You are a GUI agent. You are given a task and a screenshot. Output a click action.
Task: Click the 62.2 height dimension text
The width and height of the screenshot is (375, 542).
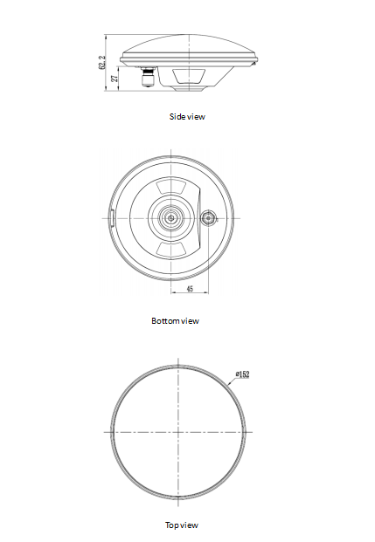[102, 63]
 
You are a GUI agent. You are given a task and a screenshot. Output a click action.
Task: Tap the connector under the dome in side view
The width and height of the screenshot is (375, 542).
[149, 79]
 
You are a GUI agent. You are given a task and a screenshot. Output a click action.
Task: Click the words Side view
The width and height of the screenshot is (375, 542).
[187, 116]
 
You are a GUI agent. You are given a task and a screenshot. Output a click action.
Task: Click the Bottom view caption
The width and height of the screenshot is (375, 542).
[175, 321]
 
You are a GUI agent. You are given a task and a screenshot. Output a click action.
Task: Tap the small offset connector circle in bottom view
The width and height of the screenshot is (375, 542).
[209, 217]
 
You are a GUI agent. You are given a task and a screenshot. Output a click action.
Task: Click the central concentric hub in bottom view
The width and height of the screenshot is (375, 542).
[171, 217]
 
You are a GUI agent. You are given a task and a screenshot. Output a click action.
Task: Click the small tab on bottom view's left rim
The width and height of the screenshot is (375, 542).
[112, 217]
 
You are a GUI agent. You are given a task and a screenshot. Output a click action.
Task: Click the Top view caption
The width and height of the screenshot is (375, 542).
[182, 525]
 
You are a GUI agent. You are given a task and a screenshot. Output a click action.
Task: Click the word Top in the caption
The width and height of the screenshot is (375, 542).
[172, 525]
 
